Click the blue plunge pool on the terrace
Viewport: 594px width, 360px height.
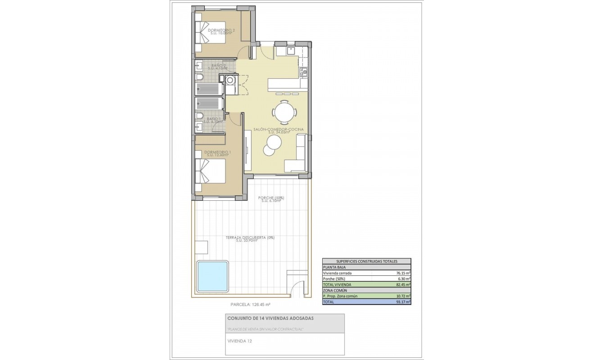click(x=212, y=276)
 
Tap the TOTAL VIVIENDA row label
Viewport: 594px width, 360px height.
click(x=337, y=285)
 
